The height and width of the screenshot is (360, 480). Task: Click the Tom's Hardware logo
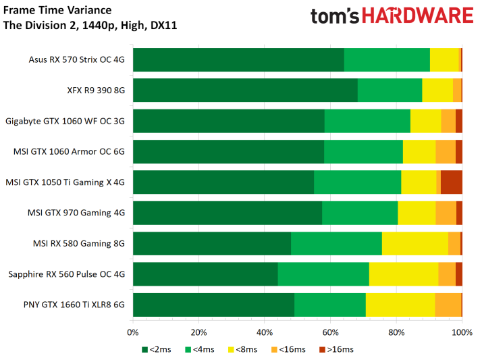392,16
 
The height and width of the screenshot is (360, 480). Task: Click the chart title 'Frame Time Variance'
57,10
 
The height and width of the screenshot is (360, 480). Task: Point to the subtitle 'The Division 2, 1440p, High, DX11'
90,25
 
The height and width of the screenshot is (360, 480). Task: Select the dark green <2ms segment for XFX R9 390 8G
245,90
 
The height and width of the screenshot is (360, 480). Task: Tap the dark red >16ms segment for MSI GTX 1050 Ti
451,182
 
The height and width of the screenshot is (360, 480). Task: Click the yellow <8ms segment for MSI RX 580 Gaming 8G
415,243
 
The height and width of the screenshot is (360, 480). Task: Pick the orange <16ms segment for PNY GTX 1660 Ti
448,305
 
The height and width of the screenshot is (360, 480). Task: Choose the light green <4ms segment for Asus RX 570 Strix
387,59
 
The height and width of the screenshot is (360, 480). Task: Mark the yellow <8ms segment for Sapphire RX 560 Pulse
404,274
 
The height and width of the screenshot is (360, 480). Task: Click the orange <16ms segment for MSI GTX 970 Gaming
446,213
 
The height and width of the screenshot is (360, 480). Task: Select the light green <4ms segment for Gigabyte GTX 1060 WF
367,121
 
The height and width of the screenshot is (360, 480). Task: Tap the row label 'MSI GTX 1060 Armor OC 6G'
69,152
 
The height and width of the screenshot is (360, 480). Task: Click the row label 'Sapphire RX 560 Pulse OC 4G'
66,274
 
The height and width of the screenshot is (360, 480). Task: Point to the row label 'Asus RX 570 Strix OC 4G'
76,59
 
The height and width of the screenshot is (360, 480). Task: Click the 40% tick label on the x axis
265,332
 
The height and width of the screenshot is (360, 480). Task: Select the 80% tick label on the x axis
396,332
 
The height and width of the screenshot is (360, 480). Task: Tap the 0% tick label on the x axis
133,332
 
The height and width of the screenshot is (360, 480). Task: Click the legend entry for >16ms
336,349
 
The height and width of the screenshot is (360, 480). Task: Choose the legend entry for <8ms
243,349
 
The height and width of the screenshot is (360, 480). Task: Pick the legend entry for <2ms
157,349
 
